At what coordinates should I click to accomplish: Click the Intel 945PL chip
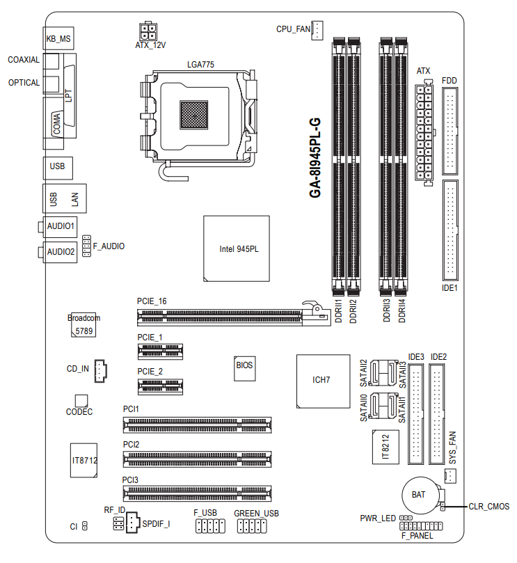[237, 248]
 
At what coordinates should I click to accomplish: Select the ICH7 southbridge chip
[323, 381]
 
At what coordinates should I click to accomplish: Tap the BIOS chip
[244, 368]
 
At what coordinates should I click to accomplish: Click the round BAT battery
[421, 496]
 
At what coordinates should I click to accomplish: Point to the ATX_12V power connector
[148, 32]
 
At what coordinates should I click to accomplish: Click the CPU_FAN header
[317, 30]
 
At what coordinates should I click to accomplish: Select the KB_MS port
[58, 38]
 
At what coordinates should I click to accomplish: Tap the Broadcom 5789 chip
[83, 324]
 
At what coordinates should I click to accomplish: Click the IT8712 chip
[83, 460]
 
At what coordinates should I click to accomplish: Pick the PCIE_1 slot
[160, 351]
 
